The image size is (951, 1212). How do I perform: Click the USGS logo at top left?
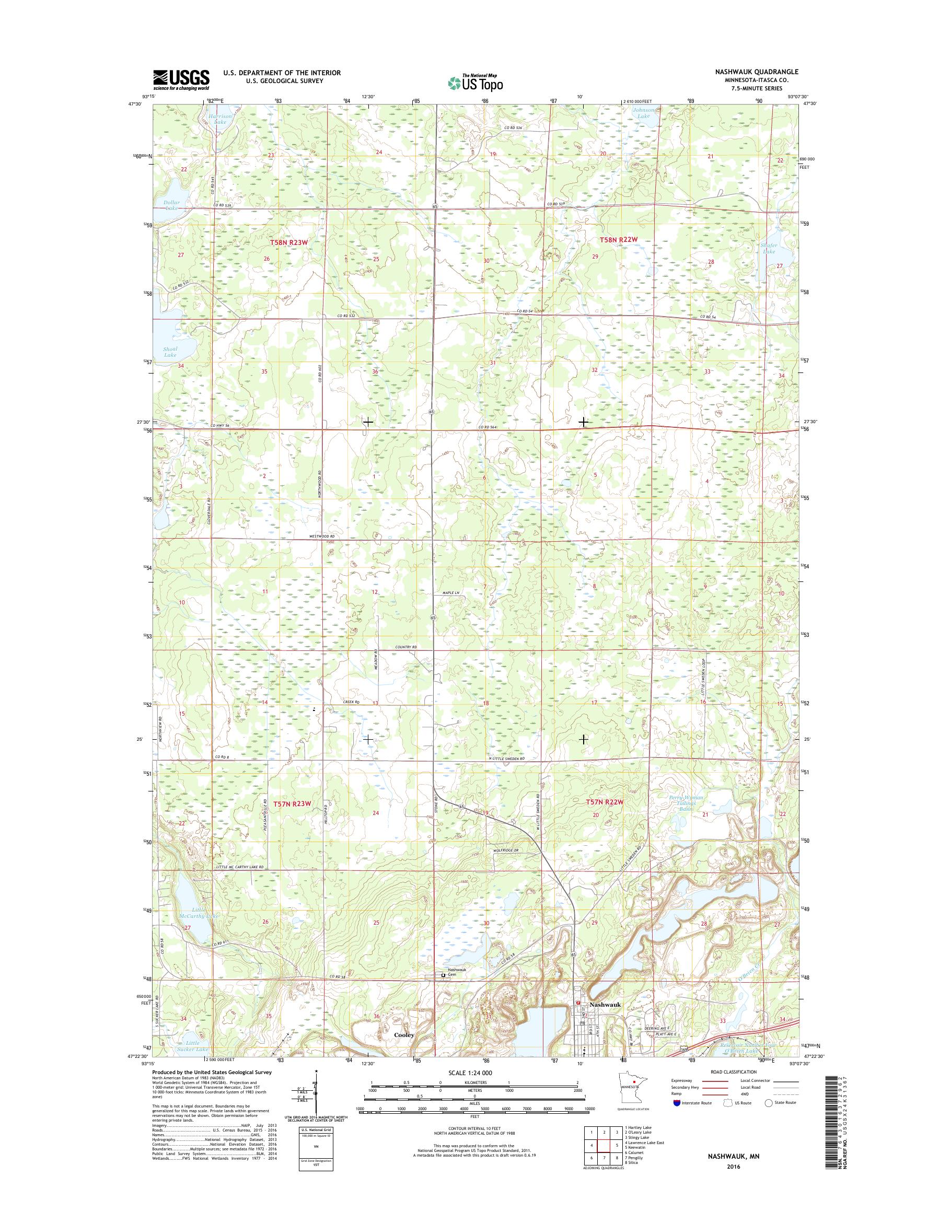181,79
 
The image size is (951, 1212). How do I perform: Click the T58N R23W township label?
289,243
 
